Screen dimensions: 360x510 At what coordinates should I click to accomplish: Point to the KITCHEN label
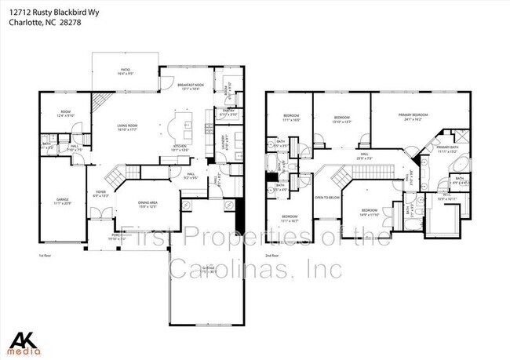[x=180, y=148]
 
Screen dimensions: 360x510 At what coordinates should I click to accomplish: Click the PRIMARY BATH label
[x=448, y=148]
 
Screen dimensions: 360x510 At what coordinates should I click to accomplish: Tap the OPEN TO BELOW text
[x=326, y=198]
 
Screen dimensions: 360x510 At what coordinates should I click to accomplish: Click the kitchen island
[x=188, y=125]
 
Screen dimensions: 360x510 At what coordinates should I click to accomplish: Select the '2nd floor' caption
[x=271, y=256]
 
